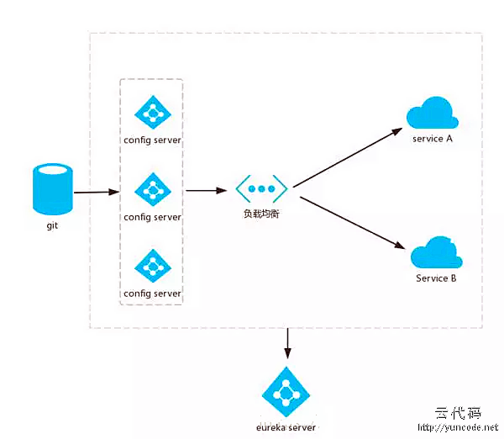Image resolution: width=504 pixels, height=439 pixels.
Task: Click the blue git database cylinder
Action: click(x=52, y=189)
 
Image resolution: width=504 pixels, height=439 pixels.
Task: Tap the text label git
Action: click(x=52, y=225)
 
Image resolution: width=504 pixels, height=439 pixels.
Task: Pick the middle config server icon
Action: click(x=152, y=190)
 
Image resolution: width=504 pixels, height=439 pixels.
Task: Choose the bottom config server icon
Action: click(x=152, y=266)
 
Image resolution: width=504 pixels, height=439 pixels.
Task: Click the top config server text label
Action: click(x=152, y=140)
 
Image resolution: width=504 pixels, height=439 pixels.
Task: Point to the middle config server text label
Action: click(x=152, y=217)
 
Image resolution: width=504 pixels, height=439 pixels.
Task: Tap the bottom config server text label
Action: click(x=152, y=294)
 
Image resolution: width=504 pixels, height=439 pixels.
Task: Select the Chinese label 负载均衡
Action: click(x=261, y=214)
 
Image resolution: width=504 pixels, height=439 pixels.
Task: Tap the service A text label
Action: click(x=433, y=139)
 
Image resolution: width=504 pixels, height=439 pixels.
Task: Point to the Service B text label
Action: click(x=436, y=278)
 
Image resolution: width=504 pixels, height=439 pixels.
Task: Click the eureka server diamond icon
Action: click(x=287, y=392)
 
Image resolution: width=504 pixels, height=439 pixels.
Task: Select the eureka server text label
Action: click(x=286, y=427)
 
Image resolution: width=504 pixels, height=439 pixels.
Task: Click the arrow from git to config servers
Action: click(x=96, y=193)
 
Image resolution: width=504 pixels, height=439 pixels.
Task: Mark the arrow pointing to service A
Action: click(x=347, y=156)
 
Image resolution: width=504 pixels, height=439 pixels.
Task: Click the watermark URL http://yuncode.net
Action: click(x=458, y=428)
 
